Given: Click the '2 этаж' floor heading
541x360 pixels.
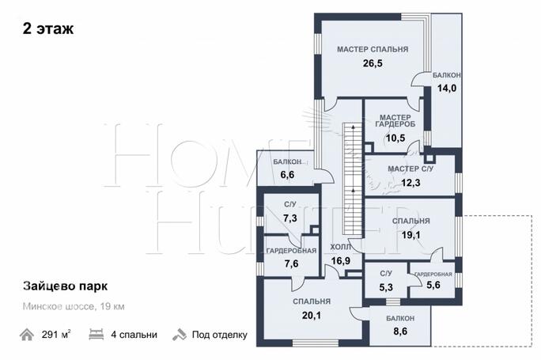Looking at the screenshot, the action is pyautogui.click(x=48, y=28).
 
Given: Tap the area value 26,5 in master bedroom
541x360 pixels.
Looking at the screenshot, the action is pyautogui.click(x=373, y=63).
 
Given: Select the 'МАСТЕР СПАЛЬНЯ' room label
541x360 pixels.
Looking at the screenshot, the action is pyautogui.click(x=373, y=49).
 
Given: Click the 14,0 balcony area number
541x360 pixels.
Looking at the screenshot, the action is pyautogui.click(x=447, y=89).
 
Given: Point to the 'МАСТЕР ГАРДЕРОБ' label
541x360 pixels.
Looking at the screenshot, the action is pyautogui.click(x=395, y=121).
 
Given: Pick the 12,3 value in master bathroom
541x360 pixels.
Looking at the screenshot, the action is pyautogui.click(x=410, y=183).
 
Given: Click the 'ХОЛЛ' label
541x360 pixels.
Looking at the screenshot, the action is pyautogui.click(x=341, y=247).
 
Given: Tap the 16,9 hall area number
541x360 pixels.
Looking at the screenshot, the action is pyautogui.click(x=341, y=261).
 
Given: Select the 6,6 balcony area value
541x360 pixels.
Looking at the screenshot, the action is pyautogui.click(x=287, y=175).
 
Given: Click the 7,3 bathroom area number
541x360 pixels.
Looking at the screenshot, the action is pyautogui.click(x=289, y=218).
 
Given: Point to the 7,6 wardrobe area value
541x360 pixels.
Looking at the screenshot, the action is pyautogui.click(x=291, y=264).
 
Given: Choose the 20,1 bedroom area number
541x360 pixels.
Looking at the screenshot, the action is pyautogui.click(x=312, y=316).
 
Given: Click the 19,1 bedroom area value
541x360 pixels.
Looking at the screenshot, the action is pyautogui.click(x=411, y=235).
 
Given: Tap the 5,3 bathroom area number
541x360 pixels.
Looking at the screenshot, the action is pyautogui.click(x=386, y=287).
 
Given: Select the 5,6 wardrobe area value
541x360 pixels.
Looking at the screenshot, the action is pyautogui.click(x=433, y=285).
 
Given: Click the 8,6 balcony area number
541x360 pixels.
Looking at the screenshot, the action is pyautogui.click(x=400, y=332).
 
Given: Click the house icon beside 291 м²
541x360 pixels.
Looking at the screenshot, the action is pyautogui.click(x=27, y=335).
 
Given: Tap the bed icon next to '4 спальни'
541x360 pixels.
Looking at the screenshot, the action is pyautogui.click(x=96, y=335).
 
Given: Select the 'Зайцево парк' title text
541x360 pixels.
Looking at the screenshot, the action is pyautogui.click(x=65, y=286).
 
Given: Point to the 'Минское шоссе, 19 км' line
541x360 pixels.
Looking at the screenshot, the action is pyautogui.click(x=74, y=306).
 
